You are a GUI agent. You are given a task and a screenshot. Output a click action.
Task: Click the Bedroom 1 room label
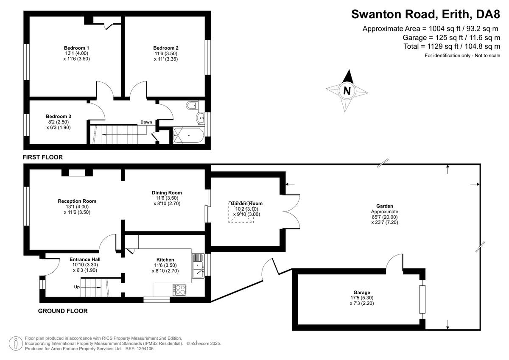pos(76,47)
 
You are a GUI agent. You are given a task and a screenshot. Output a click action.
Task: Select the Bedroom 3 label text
pos(59,116)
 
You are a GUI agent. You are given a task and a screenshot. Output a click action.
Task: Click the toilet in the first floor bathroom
pos(192,105)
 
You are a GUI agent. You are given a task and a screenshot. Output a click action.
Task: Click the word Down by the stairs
pos(146,122)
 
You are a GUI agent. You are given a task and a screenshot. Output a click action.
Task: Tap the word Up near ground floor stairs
pos(77,287)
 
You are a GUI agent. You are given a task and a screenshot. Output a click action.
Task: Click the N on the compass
pos(347,90)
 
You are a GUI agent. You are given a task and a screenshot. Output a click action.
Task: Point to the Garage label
pos(362,293)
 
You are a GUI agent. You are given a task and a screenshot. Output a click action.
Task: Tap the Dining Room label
pos(167,193)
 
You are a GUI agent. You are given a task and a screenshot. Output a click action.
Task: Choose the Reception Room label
pos(77,201)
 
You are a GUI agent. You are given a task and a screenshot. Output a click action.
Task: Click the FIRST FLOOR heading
pos(42,157)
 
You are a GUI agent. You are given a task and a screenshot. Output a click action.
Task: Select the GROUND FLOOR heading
pos(63,311)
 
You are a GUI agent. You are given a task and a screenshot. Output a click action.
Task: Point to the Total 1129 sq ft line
pos(452,46)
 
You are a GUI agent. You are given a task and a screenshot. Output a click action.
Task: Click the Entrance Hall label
pos(85,259)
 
